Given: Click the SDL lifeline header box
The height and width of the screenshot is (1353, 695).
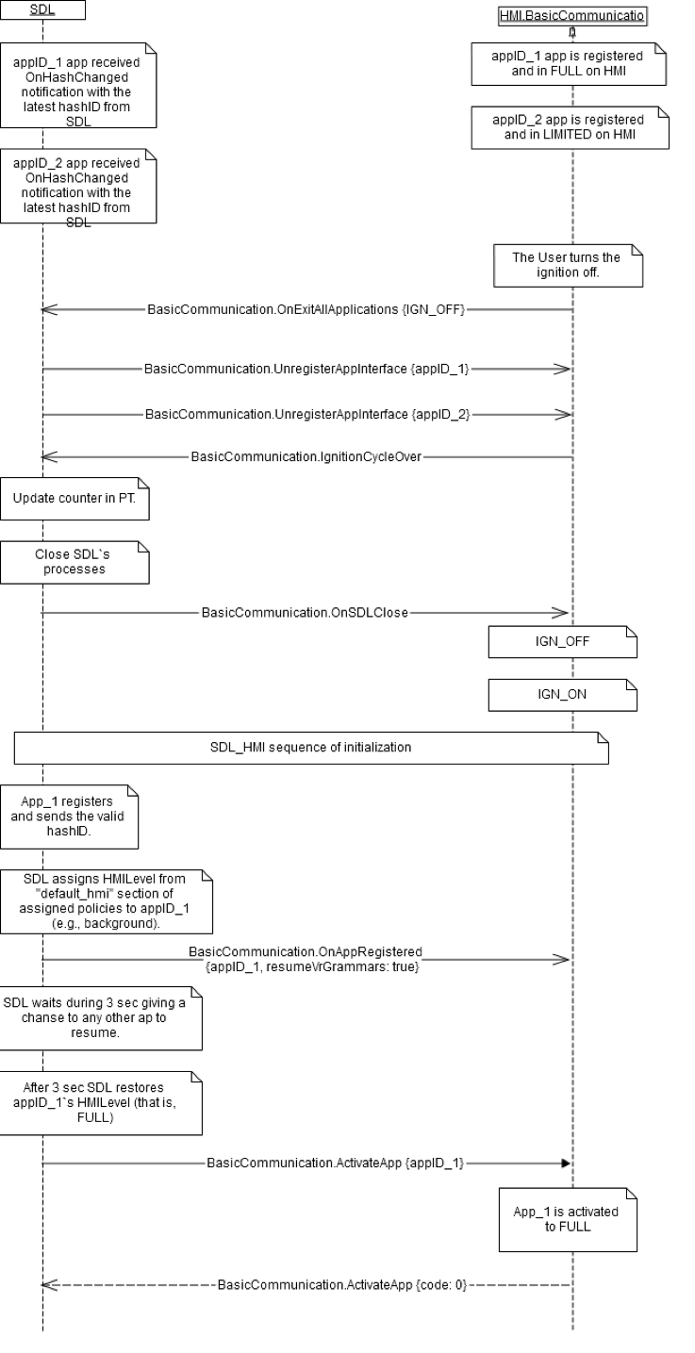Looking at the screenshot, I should tap(42, 10).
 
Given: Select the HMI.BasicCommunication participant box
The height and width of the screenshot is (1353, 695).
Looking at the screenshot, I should tap(572, 16).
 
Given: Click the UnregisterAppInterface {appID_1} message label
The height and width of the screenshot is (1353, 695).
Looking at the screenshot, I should tap(306, 370).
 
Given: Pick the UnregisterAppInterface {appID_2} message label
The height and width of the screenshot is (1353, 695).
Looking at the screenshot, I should tap(306, 414).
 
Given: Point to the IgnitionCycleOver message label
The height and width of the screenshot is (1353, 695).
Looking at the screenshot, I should tap(306, 457).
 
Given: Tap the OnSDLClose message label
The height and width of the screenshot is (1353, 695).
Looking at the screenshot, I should tap(305, 613).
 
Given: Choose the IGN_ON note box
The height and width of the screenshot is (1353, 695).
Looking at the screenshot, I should tap(563, 696).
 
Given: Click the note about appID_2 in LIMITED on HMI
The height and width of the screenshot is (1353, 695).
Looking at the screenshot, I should tap(569, 126).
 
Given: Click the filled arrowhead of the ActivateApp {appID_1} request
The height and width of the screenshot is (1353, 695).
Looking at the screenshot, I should tap(565, 1163).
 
